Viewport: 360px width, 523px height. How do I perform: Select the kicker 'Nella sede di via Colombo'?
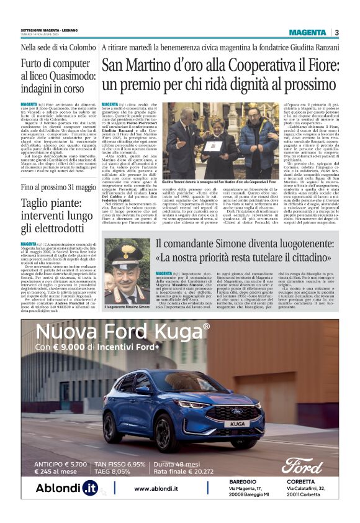point(58,48)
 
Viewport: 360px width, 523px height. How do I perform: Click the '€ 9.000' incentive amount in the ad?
point(73,347)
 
